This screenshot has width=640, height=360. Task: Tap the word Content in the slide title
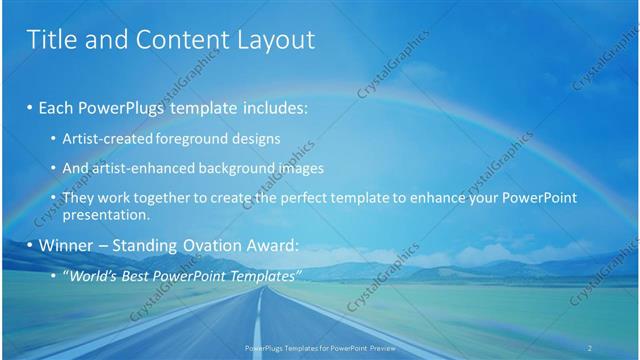click(x=169, y=40)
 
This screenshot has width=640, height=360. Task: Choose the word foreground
click(x=193, y=139)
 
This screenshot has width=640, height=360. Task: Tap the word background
click(x=226, y=168)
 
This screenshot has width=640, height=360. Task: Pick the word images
click(x=289, y=168)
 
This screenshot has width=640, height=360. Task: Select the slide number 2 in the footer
click(x=590, y=347)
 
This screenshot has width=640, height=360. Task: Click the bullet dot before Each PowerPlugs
click(x=30, y=107)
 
